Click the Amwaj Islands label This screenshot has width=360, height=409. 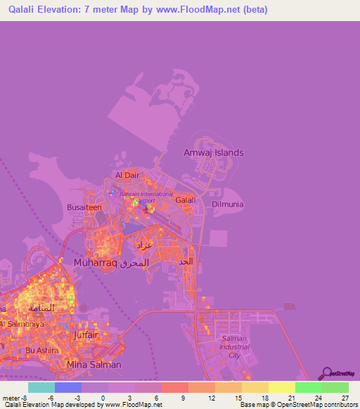click(213, 152)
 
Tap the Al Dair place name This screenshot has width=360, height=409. click(128, 176)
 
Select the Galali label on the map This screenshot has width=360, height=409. click(185, 200)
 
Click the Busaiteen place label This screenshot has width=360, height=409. click(84, 208)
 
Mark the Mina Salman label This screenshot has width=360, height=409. click(94, 365)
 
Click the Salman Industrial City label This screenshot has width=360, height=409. click(233, 347)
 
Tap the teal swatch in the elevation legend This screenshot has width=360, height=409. click(41, 387)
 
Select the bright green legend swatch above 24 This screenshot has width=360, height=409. click(309, 387)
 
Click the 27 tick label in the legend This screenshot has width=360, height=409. click(345, 398)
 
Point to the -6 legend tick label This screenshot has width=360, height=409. click(51, 398)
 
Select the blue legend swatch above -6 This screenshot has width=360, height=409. click(68, 387)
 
